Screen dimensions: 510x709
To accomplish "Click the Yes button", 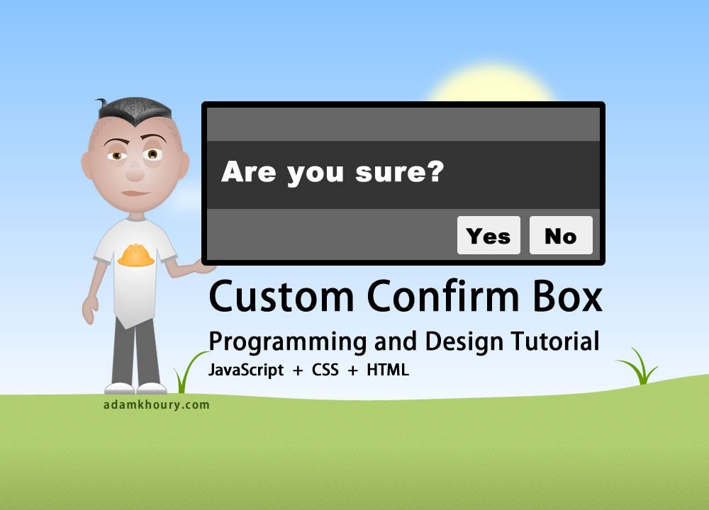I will click(x=489, y=235).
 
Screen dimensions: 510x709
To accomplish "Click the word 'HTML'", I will click(x=388, y=370).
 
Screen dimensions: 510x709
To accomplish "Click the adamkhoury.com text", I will click(x=155, y=405).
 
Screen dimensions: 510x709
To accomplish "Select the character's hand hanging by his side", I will click(x=90, y=310).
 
